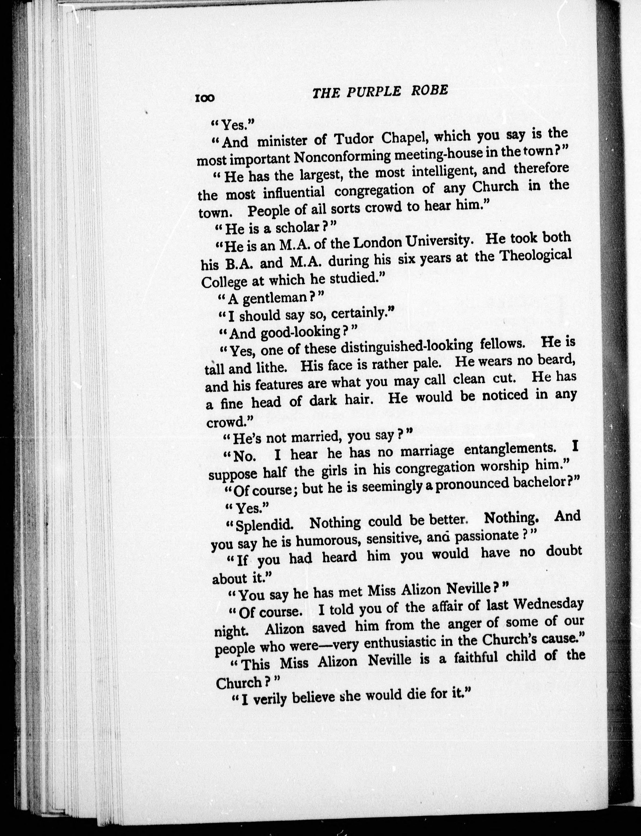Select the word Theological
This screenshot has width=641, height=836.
pos(536,255)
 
